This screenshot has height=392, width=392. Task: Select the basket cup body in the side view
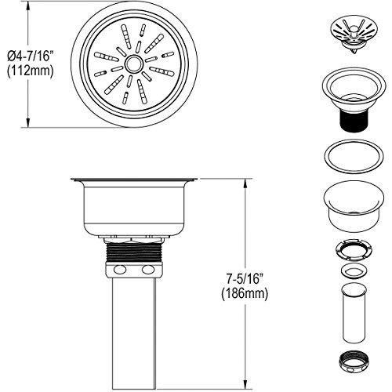[x=133, y=208]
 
